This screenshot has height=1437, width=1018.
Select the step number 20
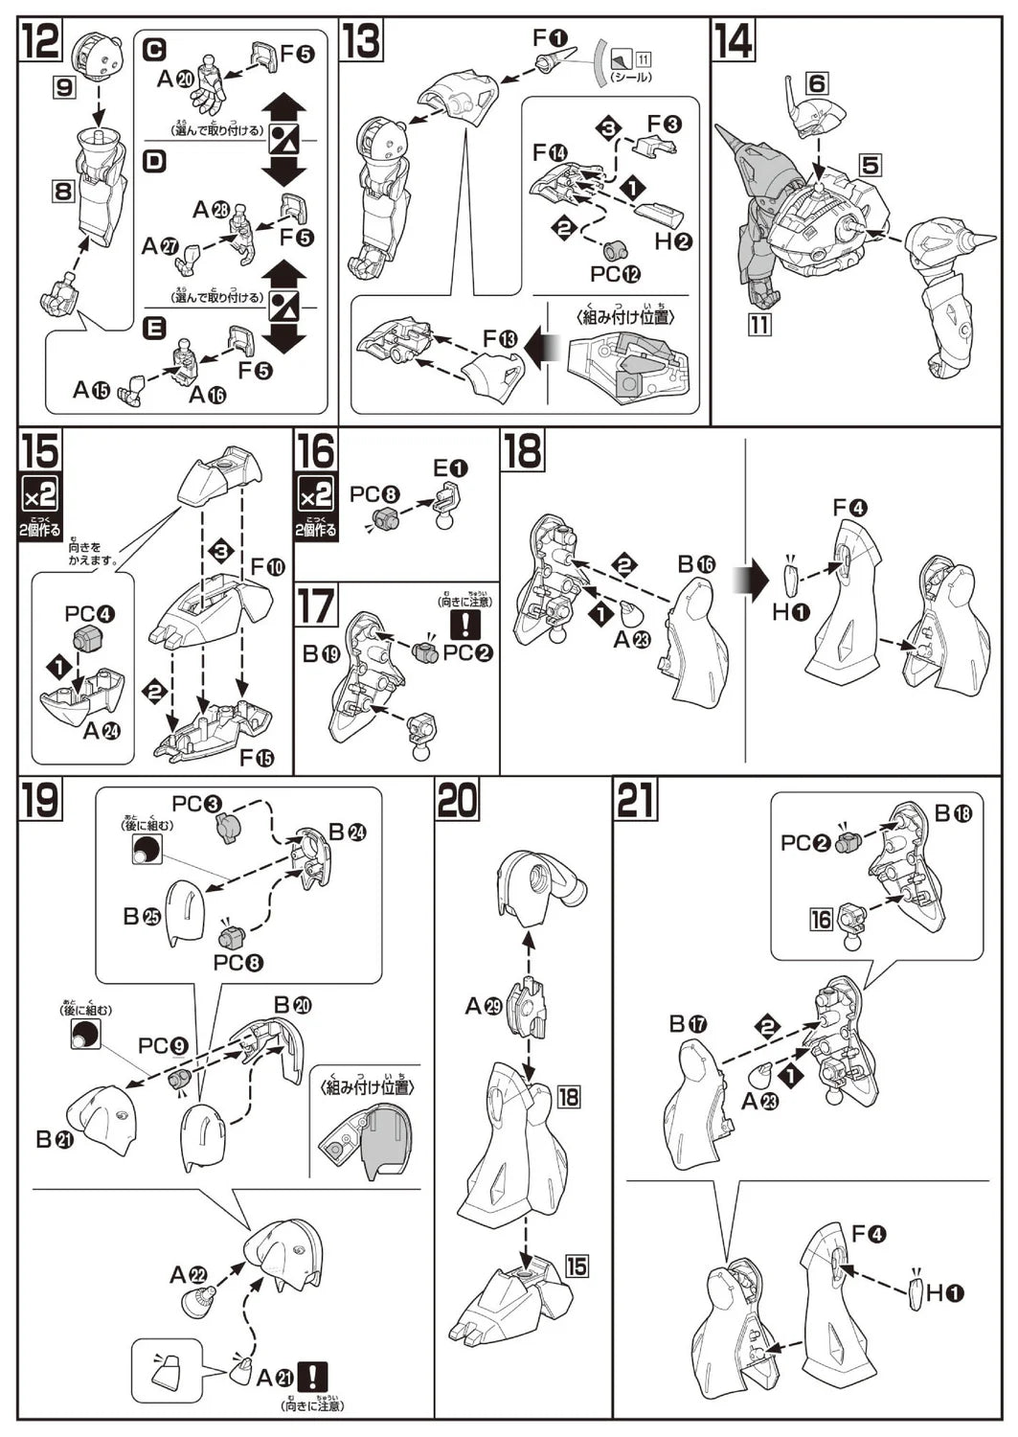pyautogui.click(x=457, y=801)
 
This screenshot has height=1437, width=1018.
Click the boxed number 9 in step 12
pyautogui.click(x=64, y=88)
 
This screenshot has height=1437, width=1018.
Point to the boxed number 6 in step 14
pyautogui.click(x=816, y=84)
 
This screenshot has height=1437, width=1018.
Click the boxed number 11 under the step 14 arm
pyautogui.click(x=758, y=324)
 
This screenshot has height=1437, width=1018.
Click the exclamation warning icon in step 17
pyautogui.click(x=466, y=625)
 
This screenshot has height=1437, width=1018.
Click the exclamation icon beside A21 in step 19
pyautogui.click(x=313, y=1377)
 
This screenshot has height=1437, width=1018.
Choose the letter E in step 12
pyautogui.click(x=153, y=329)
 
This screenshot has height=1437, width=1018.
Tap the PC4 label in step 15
pyautogui.click(x=89, y=613)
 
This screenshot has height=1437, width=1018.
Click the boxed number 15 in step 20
pyautogui.click(x=576, y=1266)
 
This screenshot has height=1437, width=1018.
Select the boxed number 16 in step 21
pyautogui.click(x=822, y=920)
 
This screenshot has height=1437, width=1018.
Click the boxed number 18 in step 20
pyautogui.click(x=568, y=1096)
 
